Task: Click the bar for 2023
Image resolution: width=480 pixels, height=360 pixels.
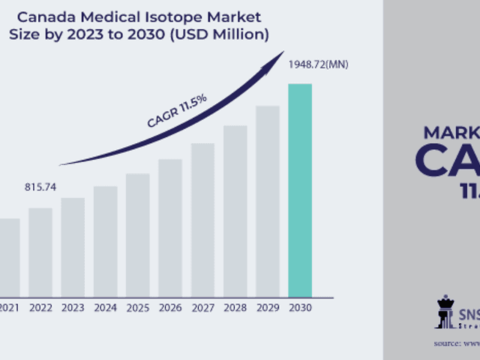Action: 73,247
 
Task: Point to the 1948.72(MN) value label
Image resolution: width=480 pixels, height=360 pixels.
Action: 318,64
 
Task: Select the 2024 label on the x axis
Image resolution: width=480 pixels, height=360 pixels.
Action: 106,307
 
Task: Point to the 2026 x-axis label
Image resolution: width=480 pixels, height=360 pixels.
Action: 170,307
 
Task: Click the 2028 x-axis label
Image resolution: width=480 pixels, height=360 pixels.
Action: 235,307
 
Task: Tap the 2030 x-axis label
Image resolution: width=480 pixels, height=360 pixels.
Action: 300,307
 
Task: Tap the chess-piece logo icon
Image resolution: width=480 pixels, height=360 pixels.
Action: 444,311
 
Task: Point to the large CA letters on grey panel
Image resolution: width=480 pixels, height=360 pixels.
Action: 446,160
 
